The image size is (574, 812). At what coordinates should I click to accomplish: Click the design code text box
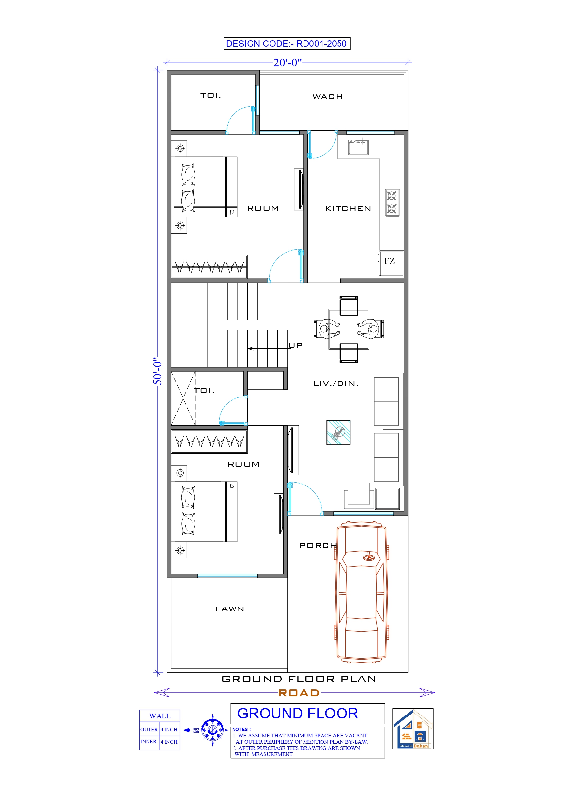click(x=287, y=44)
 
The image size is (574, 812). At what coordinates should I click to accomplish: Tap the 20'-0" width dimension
click(x=287, y=62)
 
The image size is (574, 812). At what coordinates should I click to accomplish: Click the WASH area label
click(x=327, y=97)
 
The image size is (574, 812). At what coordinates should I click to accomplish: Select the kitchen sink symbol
click(x=358, y=147)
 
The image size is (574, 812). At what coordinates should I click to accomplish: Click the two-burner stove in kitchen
click(x=392, y=202)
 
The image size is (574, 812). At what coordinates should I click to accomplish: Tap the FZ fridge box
click(x=391, y=263)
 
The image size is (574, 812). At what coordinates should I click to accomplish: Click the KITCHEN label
click(x=348, y=209)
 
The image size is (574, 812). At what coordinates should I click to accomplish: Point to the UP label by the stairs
click(x=295, y=345)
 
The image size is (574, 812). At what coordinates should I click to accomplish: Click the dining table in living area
click(x=349, y=329)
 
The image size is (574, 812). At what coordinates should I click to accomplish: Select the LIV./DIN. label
click(x=336, y=383)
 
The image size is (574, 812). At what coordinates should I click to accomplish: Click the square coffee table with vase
click(x=339, y=432)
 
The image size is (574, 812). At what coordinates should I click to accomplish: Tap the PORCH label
click(x=318, y=545)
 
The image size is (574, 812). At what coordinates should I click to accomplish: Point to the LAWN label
click(x=230, y=609)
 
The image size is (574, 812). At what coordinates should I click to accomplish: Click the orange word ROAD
click(x=299, y=693)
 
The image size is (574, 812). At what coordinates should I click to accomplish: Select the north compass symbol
click(x=212, y=730)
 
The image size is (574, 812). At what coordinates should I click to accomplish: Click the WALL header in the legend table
click(x=160, y=716)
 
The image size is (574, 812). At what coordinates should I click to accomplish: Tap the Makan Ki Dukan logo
click(x=413, y=729)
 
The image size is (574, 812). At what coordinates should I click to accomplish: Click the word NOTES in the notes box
click(x=240, y=729)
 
